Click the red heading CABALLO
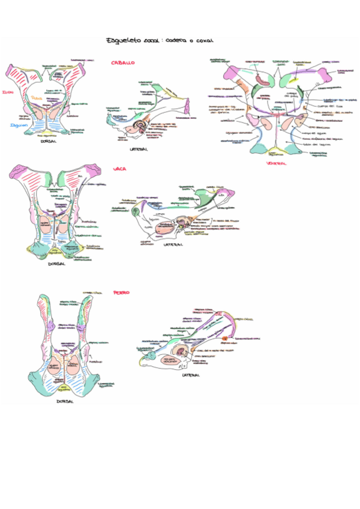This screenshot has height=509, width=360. coord(123,62)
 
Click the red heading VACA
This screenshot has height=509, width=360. coord(119,169)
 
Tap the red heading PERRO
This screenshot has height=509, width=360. coord(121,292)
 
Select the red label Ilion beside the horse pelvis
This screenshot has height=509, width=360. coord(7,92)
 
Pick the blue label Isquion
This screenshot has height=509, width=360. coord(16,124)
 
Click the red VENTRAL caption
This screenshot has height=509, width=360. coord(277,163)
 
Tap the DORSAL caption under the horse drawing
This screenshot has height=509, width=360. coord(50,142)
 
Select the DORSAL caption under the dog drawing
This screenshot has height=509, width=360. coord(65,401)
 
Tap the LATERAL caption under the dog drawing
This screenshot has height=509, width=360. coord(190,376)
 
